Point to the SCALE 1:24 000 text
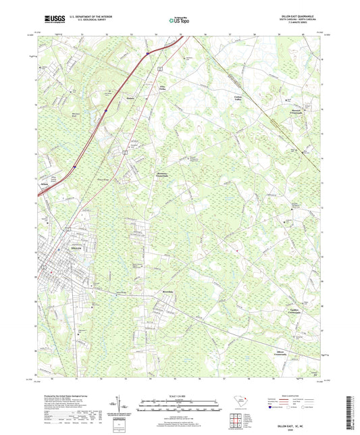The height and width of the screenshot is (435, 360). pos(180,396)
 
